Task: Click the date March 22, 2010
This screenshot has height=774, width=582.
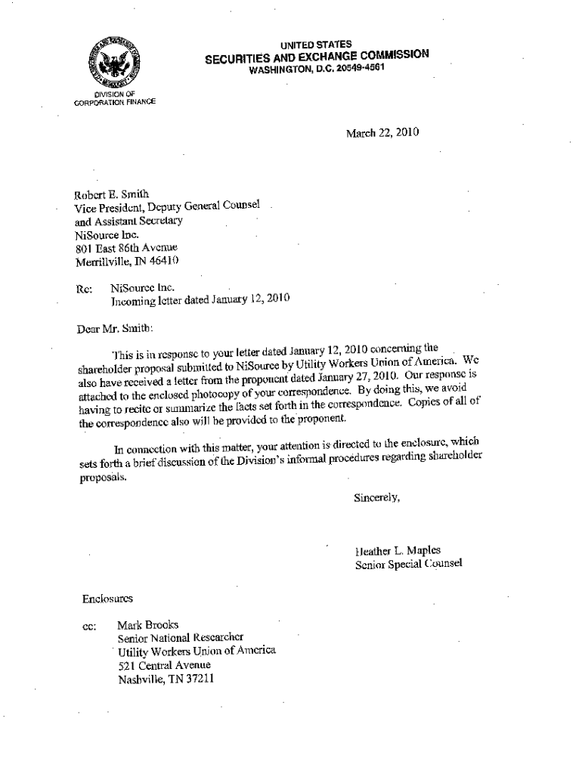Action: coord(382,133)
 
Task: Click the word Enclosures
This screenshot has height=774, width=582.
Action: coord(107,599)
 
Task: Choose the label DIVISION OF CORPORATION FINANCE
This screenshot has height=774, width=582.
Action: coord(114,98)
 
